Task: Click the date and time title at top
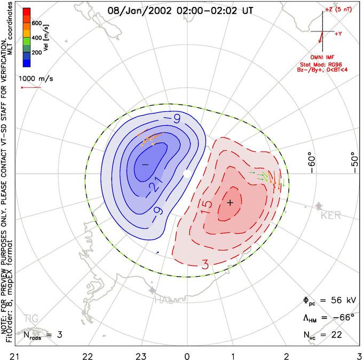point(180,11)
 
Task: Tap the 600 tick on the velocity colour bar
point(37,23)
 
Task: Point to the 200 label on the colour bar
point(37,52)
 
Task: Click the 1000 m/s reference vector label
point(36,79)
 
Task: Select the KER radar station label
point(331,215)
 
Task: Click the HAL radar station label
point(164,301)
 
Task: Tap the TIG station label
point(31,318)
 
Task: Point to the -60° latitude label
point(312,165)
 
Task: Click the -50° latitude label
point(354,162)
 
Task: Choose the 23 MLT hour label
point(141,356)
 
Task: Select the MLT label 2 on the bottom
point(286,356)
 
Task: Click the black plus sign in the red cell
point(230,203)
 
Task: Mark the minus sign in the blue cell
point(145,165)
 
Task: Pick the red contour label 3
point(205,264)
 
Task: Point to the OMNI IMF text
point(322,57)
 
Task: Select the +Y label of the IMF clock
point(338,34)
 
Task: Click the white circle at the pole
point(187,174)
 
